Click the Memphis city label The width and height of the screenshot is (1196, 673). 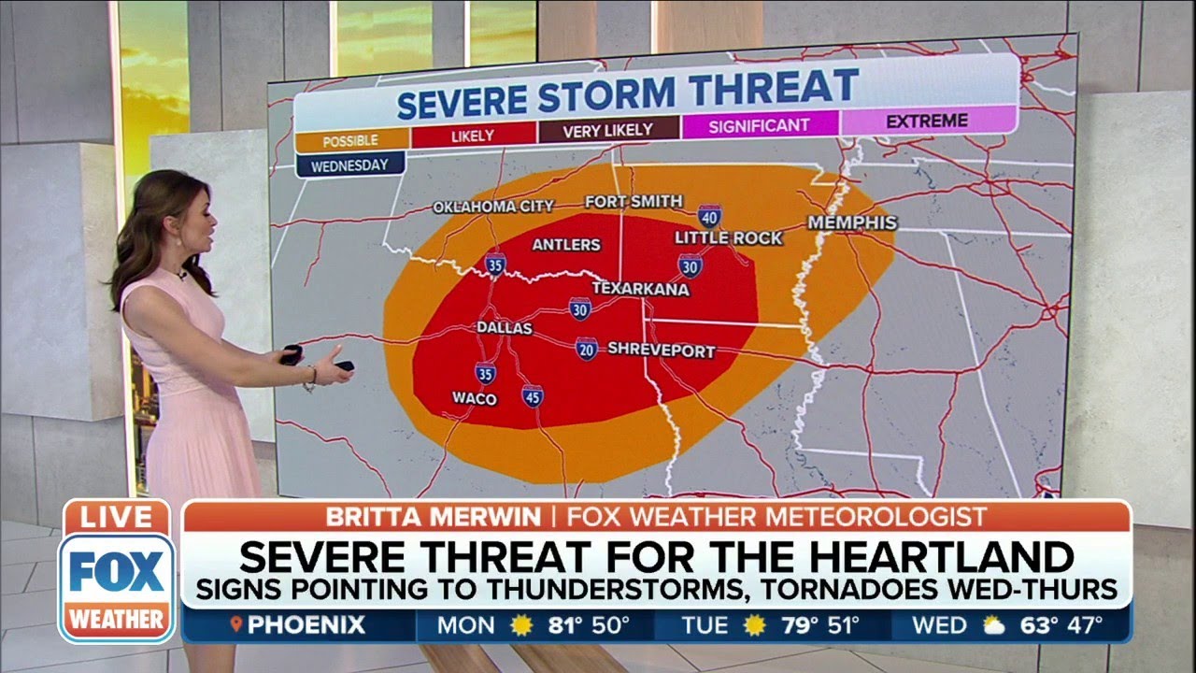[x=852, y=222]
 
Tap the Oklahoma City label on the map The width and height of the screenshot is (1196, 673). [x=493, y=207]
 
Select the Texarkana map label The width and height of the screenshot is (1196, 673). [x=640, y=289]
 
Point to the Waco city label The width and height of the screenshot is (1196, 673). [x=475, y=398]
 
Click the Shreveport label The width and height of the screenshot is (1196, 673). [x=662, y=351]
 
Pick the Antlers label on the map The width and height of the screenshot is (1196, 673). [x=565, y=245]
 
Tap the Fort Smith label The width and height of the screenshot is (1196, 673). [x=634, y=202]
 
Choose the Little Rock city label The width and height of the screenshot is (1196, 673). [x=729, y=238]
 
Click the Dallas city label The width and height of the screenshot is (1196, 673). [x=505, y=328]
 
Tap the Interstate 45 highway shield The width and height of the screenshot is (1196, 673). [x=533, y=395]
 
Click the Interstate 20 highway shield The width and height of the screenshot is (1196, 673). [x=587, y=350]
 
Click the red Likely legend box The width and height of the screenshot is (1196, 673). [x=473, y=136]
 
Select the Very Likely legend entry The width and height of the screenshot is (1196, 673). [x=609, y=131]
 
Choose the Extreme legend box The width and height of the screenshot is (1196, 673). [x=927, y=121]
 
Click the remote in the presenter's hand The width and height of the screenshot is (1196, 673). [x=292, y=354]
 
